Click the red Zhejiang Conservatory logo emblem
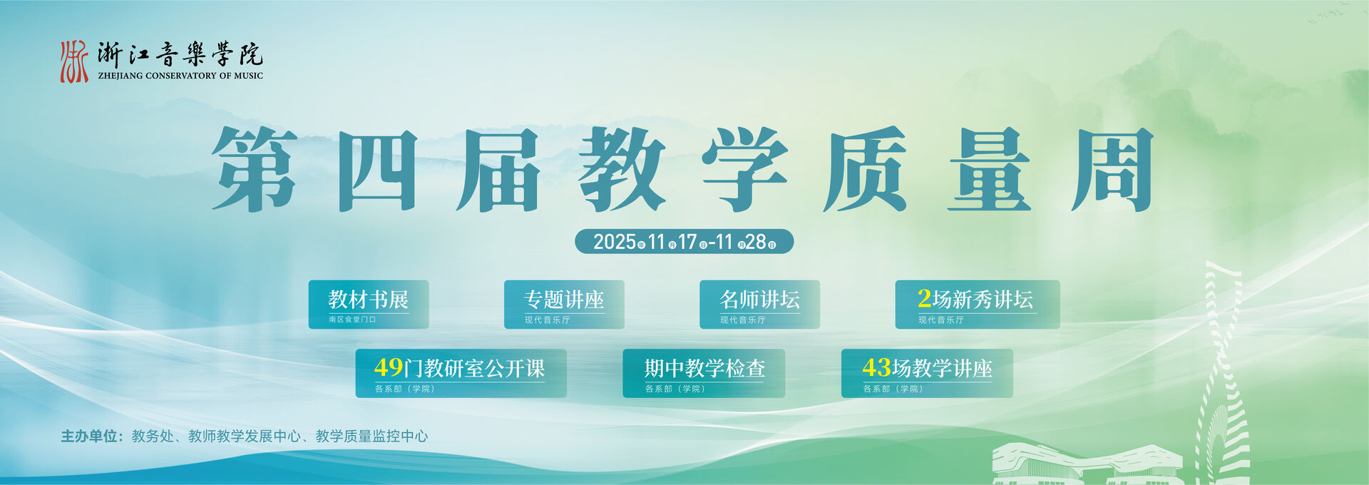(x=74, y=61)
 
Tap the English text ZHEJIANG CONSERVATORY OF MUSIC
(x=180, y=76)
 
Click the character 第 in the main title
(x=255, y=169)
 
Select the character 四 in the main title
(x=377, y=170)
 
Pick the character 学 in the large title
(x=744, y=169)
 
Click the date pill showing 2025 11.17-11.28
(x=684, y=242)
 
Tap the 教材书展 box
(x=369, y=305)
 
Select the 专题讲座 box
(x=564, y=305)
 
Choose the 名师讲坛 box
(x=759, y=305)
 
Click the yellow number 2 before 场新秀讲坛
(x=924, y=298)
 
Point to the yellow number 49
(x=389, y=367)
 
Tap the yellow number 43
(x=876, y=367)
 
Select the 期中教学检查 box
(x=704, y=373)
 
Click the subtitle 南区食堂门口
(x=352, y=320)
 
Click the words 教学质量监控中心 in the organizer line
(x=371, y=436)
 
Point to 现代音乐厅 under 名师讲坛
(x=742, y=320)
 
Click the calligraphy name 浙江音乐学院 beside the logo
(x=180, y=54)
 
